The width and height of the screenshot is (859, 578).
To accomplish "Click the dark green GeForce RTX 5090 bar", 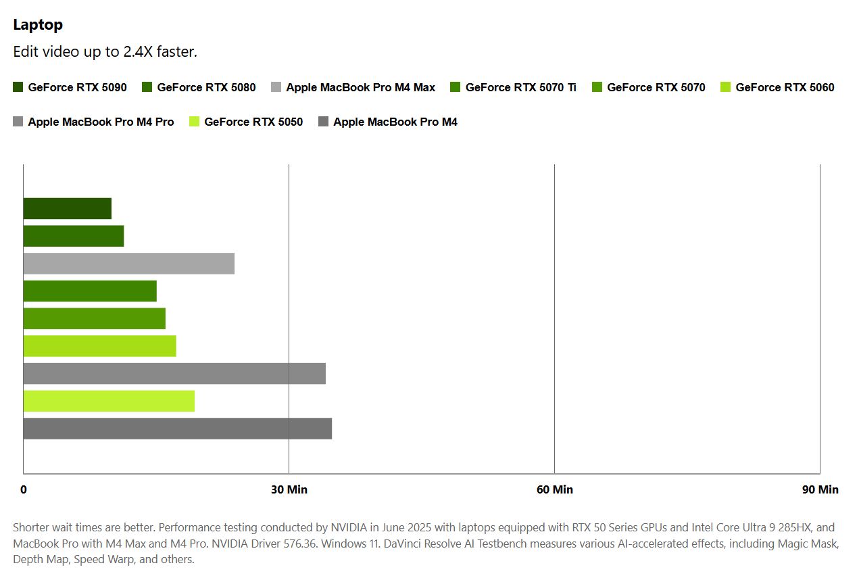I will click(x=67, y=209).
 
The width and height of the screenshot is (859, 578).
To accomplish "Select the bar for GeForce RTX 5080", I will click(x=73, y=236).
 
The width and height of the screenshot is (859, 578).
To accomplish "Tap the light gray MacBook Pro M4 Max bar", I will click(x=128, y=264).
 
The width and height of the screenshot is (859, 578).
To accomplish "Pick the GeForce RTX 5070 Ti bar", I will click(x=89, y=291).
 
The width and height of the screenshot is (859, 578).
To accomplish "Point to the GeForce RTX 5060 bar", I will click(x=99, y=346).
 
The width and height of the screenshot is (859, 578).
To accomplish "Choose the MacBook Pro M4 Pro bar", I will click(x=174, y=374).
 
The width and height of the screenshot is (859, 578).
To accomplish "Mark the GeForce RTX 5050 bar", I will click(x=108, y=401).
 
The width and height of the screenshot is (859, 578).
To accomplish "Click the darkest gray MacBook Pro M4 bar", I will click(x=177, y=429).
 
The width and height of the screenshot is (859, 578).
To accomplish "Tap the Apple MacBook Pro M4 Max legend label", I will click(x=360, y=87).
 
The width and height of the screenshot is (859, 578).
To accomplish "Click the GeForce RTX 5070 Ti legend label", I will click(x=520, y=87).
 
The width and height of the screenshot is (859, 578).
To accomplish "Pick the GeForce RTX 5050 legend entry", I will click(x=253, y=122).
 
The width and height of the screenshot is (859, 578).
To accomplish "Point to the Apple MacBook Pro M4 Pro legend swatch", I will click(x=18, y=122).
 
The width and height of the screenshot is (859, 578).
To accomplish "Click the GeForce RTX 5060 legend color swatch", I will click(x=726, y=87).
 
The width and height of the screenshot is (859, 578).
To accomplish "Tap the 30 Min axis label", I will click(x=289, y=489).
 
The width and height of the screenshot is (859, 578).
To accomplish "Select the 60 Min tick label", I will click(x=554, y=489).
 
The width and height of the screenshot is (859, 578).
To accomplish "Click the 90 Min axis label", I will click(x=820, y=489).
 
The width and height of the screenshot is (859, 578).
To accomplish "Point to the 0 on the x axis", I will click(x=24, y=489).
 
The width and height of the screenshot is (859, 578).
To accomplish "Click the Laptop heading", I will click(x=38, y=25).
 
